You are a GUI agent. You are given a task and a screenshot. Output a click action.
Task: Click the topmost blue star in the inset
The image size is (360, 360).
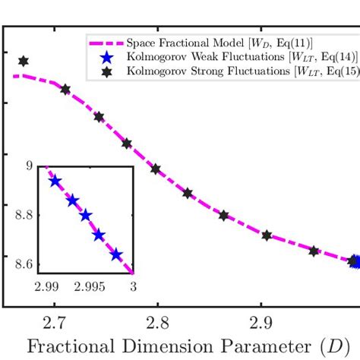pyautogui.click(x=55, y=181)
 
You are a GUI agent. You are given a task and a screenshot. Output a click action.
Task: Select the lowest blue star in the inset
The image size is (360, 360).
pyautogui.click(x=116, y=254)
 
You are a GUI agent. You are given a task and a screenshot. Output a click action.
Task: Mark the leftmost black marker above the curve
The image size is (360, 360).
pyautogui.click(x=24, y=61)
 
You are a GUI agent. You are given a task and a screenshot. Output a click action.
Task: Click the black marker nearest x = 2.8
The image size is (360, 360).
pyautogui.click(x=155, y=169)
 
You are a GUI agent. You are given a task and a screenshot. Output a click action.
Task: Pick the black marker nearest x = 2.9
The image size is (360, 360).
pyautogui.click(x=267, y=235)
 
